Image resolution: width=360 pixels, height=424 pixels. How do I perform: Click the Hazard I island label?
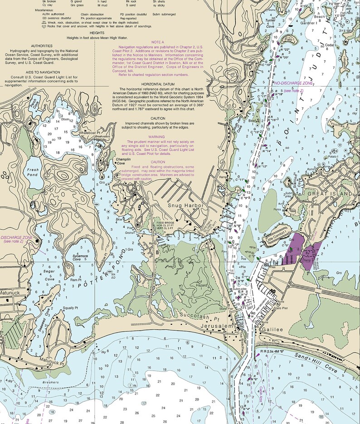(201, 285)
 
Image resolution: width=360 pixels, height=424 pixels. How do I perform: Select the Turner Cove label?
(271, 23)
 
